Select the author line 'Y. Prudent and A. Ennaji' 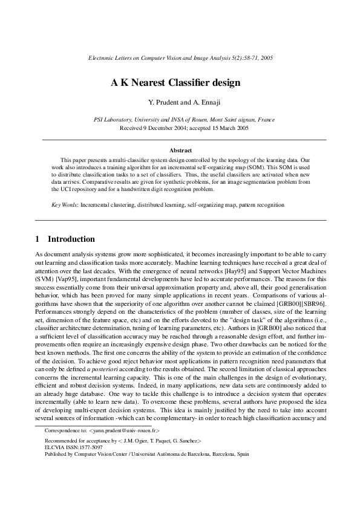pos(180,104)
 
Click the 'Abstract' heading pos(180,148)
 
